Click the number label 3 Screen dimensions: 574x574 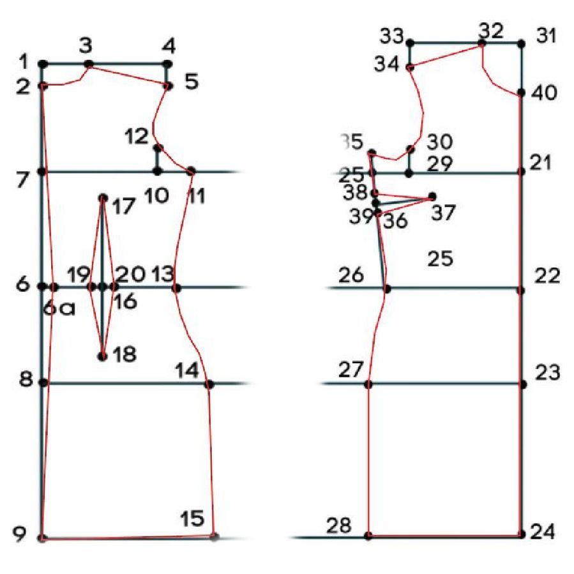coord(86,46)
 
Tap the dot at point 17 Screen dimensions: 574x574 coord(102,198)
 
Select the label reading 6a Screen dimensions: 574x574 coord(59,308)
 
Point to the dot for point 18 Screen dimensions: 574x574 coord(102,356)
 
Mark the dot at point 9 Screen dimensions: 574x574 coord(42,538)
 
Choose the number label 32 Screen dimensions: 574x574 coord(492,30)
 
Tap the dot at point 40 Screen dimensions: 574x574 coord(521,93)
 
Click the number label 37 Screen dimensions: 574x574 coord(443,213)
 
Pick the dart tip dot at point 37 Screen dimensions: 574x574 coord(432,196)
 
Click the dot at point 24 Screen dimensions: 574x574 coord(522,534)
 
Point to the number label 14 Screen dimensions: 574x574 coord(187,369)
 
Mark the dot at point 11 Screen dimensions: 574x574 coord(191,170)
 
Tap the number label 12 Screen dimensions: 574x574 coord(137,135)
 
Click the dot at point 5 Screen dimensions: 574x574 coord(167,86)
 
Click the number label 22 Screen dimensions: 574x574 coord(547,276)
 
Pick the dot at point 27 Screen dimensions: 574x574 coord(368,384)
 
